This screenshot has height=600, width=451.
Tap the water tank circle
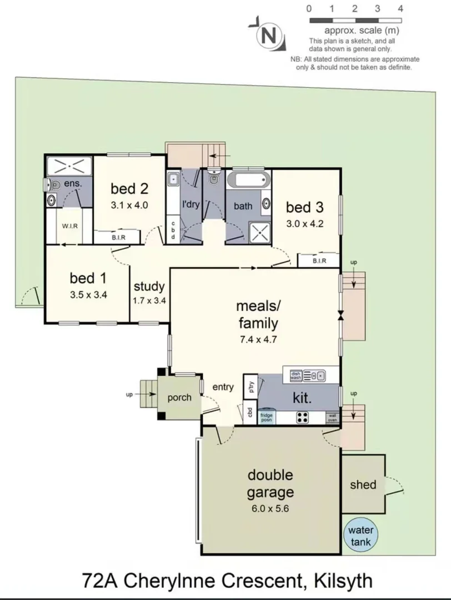[x=360, y=534]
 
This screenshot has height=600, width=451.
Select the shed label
[x=363, y=484]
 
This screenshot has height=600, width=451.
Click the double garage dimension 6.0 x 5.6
[x=270, y=508]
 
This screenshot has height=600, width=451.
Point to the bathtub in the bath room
[x=248, y=181]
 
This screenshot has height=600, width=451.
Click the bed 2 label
[x=129, y=187]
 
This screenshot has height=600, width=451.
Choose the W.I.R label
[x=69, y=226]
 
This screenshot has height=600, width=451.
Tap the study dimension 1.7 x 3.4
[x=149, y=301]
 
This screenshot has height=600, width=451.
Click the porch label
[x=179, y=397]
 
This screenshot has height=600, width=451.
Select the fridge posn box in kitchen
[x=266, y=417]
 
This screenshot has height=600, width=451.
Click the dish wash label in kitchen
[x=295, y=376]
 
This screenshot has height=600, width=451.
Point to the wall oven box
[x=332, y=418]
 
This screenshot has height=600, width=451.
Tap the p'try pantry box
[x=250, y=387]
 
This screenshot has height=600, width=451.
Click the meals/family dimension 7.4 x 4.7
[x=257, y=343]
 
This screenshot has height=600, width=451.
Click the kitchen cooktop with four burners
[x=303, y=417]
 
